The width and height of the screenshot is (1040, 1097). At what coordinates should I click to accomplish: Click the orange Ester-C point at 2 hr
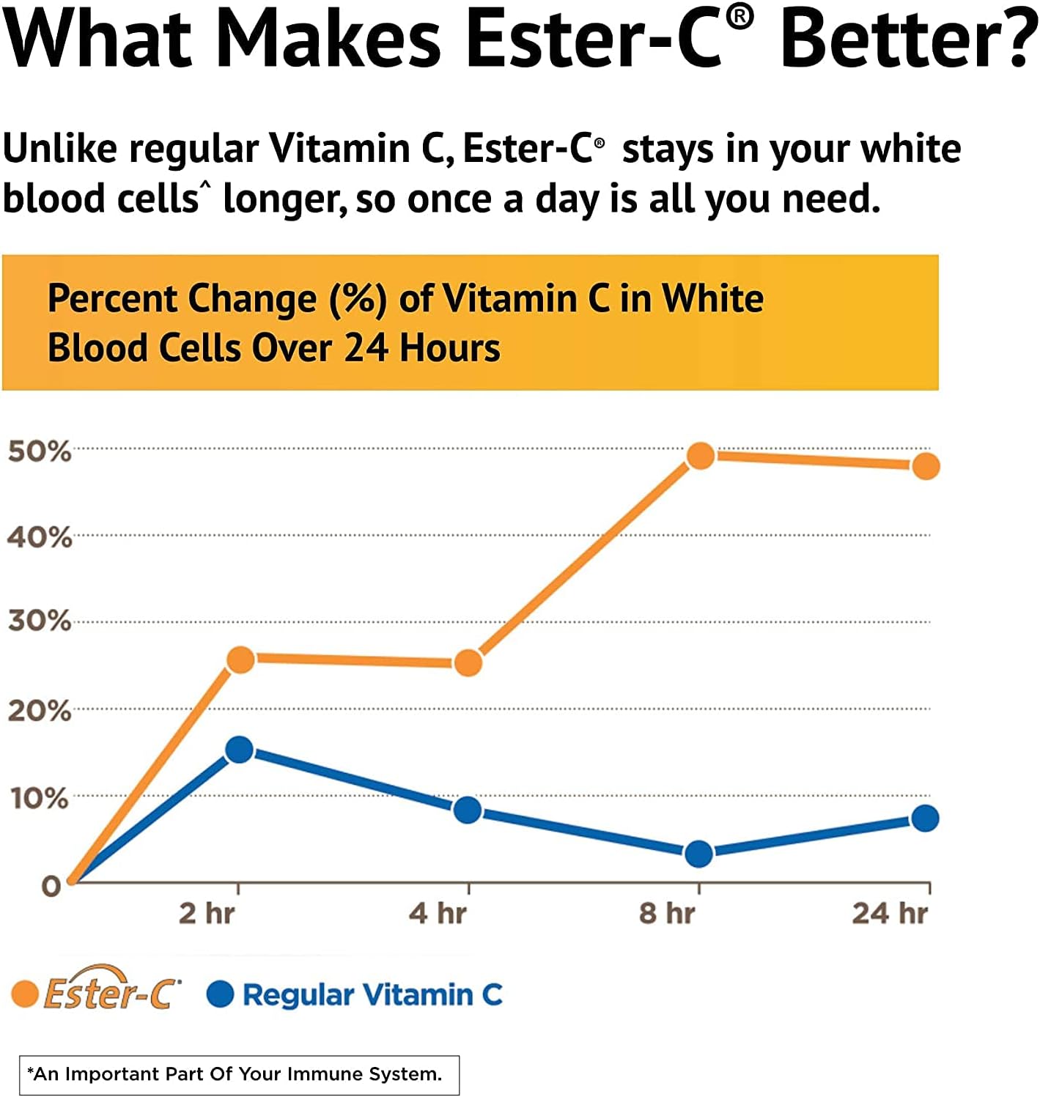240,660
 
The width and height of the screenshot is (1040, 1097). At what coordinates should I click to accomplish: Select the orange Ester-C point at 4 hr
468,663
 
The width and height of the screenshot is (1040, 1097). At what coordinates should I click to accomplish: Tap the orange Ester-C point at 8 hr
701,456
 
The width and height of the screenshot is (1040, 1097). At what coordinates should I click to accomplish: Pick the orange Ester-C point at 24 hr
926,466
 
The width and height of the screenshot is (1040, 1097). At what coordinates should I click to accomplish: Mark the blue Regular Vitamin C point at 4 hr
468,810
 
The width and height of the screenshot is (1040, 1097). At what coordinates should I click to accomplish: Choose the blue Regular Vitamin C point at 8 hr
698,853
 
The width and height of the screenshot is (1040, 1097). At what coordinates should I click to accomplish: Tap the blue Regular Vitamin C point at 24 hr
925,818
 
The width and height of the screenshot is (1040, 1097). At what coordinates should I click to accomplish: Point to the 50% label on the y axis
40,451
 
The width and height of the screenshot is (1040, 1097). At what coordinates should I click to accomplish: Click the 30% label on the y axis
40,621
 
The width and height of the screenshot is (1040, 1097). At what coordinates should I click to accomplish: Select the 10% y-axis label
40,798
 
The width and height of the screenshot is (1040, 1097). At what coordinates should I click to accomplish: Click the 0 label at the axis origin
51,886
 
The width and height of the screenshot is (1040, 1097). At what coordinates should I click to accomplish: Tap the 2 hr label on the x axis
207,914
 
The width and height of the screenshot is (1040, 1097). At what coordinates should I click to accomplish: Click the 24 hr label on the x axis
890,914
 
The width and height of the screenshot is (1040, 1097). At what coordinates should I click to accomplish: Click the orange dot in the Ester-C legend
25,994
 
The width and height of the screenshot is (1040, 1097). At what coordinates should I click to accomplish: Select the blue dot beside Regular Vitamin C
221,994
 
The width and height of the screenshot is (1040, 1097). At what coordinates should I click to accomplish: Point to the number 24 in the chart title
366,347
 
